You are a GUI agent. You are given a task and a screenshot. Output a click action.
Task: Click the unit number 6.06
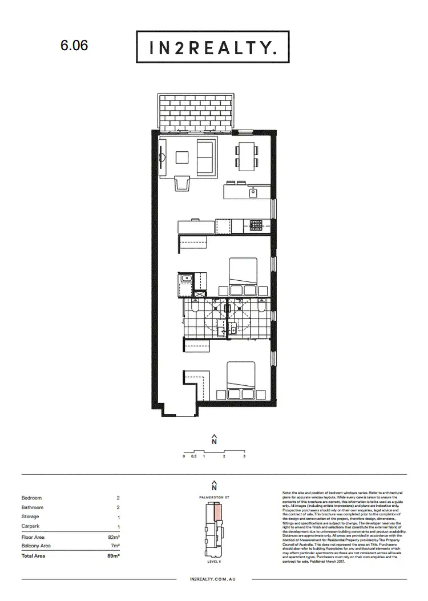pos(74,46)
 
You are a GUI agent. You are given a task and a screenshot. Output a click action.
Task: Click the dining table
pos(247,154)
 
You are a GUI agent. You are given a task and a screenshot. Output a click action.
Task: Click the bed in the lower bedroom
pos(243,380)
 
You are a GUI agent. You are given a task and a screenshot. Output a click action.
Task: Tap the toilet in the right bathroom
pos(260,309)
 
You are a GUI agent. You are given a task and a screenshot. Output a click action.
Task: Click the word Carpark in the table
pos(31,527)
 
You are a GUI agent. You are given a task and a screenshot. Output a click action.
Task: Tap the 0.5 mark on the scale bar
pos(194,457)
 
